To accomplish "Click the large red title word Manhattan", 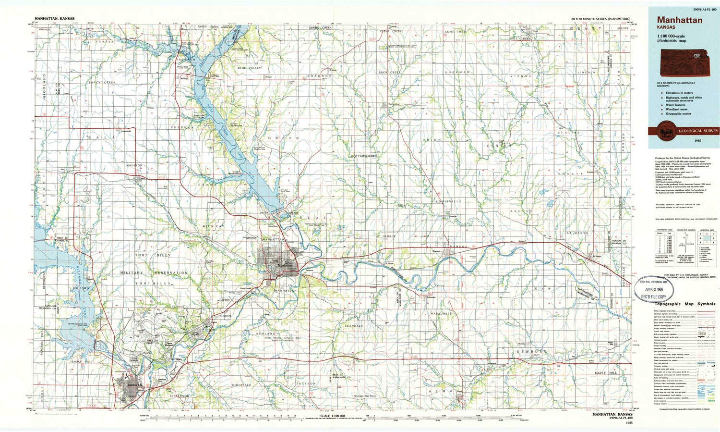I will [x=675, y=20].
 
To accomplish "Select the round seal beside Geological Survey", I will [x=666, y=130].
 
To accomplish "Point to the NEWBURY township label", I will [x=532, y=352].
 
